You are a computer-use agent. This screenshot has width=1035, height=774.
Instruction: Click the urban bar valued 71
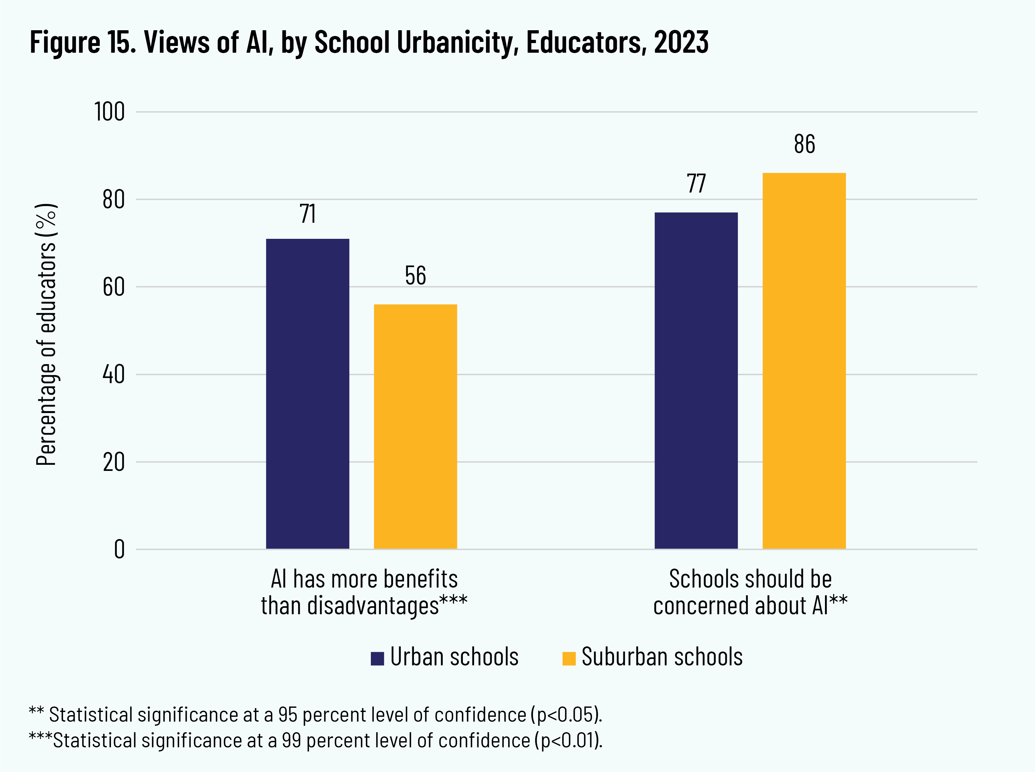[307, 393]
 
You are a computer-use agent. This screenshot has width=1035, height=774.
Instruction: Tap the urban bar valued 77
[696, 380]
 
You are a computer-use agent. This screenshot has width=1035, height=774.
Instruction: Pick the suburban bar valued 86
[804, 361]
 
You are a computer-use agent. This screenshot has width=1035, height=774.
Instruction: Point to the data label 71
[307, 214]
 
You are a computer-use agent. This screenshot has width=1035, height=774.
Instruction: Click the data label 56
[415, 275]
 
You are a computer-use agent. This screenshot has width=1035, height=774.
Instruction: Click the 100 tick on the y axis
[109, 112]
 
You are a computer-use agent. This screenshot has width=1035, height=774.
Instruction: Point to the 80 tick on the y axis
[113, 200]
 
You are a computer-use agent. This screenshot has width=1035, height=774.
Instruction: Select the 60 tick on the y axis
[113, 287]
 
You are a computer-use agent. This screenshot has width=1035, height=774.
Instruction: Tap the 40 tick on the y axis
[113, 374]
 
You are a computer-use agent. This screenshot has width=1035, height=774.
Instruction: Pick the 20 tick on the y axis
[113, 462]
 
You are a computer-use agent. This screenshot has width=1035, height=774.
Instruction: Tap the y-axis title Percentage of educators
[46, 334]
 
